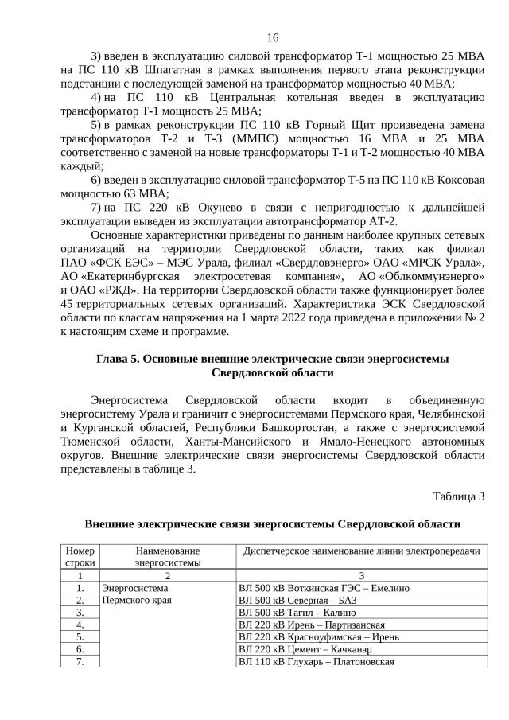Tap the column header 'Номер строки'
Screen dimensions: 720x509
click(80, 556)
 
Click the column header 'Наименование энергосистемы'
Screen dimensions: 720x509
click(167, 556)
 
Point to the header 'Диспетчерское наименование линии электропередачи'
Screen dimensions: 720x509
click(361, 551)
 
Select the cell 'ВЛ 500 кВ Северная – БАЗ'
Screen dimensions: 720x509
click(297, 601)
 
